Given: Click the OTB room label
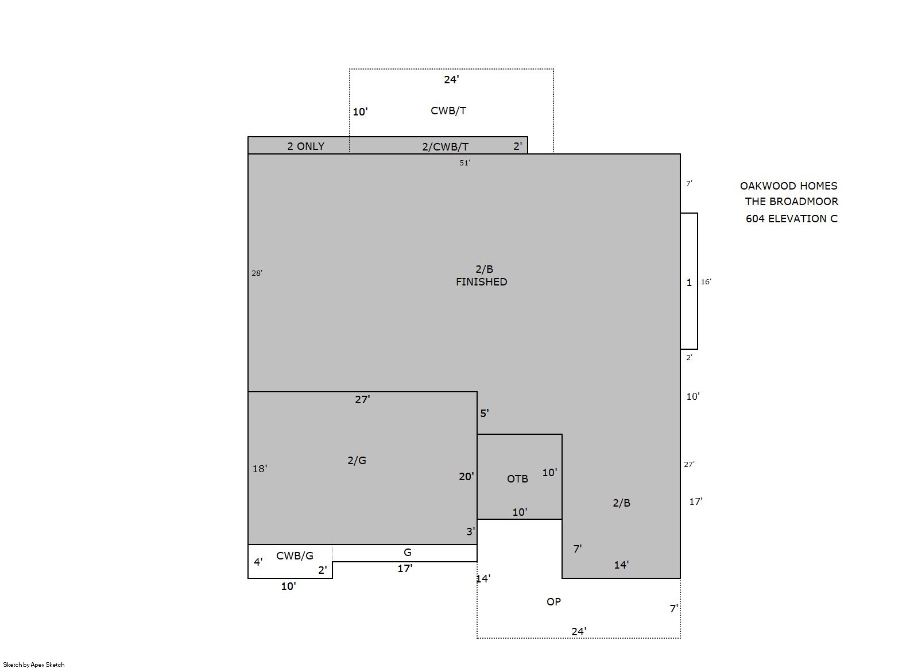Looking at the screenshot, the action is click(x=517, y=478).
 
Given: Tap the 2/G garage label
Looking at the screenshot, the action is click(x=357, y=461).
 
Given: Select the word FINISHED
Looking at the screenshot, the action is click(x=481, y=281).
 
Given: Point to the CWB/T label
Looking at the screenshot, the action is click(x=448, y=110).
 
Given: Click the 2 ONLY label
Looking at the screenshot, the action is click(x=305, y=146).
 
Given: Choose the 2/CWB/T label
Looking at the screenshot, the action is click(x=446, y=146).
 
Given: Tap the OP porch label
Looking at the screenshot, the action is click(x=553, y=601).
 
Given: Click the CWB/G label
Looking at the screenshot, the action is click(x=295, y=556).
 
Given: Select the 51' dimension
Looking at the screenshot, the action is click(x=464, y=163).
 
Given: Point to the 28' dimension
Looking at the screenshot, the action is click(x=257, y=273).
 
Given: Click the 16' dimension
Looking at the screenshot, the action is click(x=706, y=281).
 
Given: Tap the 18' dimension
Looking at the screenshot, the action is click(x=260, y=469).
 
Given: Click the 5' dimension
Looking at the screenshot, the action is click(x=484, y=413).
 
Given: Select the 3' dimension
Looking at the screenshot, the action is click(x=470, y=531).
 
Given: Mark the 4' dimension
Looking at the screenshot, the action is click(x=258, y=562).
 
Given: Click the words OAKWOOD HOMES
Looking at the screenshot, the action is click(x=788, y=186).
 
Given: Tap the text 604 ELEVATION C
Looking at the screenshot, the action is click(x=791, y=219).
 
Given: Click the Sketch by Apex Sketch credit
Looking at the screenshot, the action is click(x=34, y=665).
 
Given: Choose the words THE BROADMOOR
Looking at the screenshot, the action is click(x=791, y=202).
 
